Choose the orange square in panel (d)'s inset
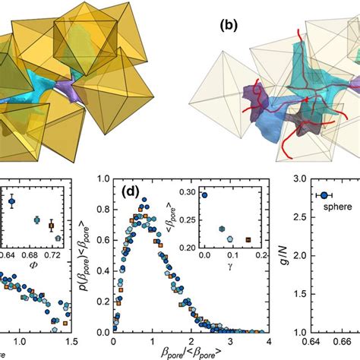(248, 240)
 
